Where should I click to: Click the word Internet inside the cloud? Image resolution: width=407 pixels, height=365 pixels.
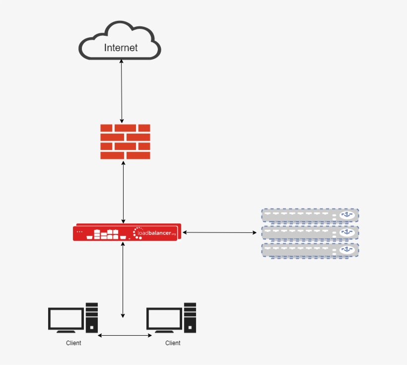click(121, 48)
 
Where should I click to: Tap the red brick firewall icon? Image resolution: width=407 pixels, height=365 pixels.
click(125, 142)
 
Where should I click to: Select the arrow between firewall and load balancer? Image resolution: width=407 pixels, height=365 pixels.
click(123, 191)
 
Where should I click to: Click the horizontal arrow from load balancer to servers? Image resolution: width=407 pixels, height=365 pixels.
click(219, 232)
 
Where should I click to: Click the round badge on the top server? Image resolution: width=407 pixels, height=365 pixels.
click(347, 216)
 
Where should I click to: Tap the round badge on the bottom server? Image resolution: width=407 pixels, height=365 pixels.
click(347, 250)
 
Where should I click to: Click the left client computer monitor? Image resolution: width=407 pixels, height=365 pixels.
click(66, 319)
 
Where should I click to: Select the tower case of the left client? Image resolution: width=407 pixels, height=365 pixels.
click(91, 317)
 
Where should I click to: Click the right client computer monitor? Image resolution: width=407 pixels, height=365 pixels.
click(164, 319)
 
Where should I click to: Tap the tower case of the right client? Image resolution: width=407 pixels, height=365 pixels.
click(190, 317)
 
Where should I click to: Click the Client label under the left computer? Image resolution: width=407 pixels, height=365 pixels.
click(73, 343)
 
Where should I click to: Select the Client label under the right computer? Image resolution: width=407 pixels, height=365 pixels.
click(173, 343)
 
